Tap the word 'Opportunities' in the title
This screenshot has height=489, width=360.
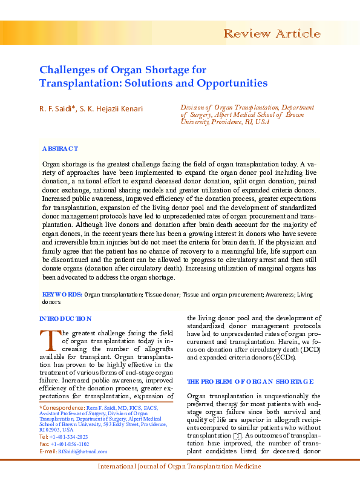pyautogui.click(x=234, y=83)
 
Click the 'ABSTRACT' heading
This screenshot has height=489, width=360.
pyautogui.click(x=60, y=149)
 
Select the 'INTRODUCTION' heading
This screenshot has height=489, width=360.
pyautogui.click(x=65, y=318)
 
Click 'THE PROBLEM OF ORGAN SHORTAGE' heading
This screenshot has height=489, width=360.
pyautogui.click(x=250, y=381)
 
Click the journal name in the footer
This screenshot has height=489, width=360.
pyautogui.click(x=180, y=467)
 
